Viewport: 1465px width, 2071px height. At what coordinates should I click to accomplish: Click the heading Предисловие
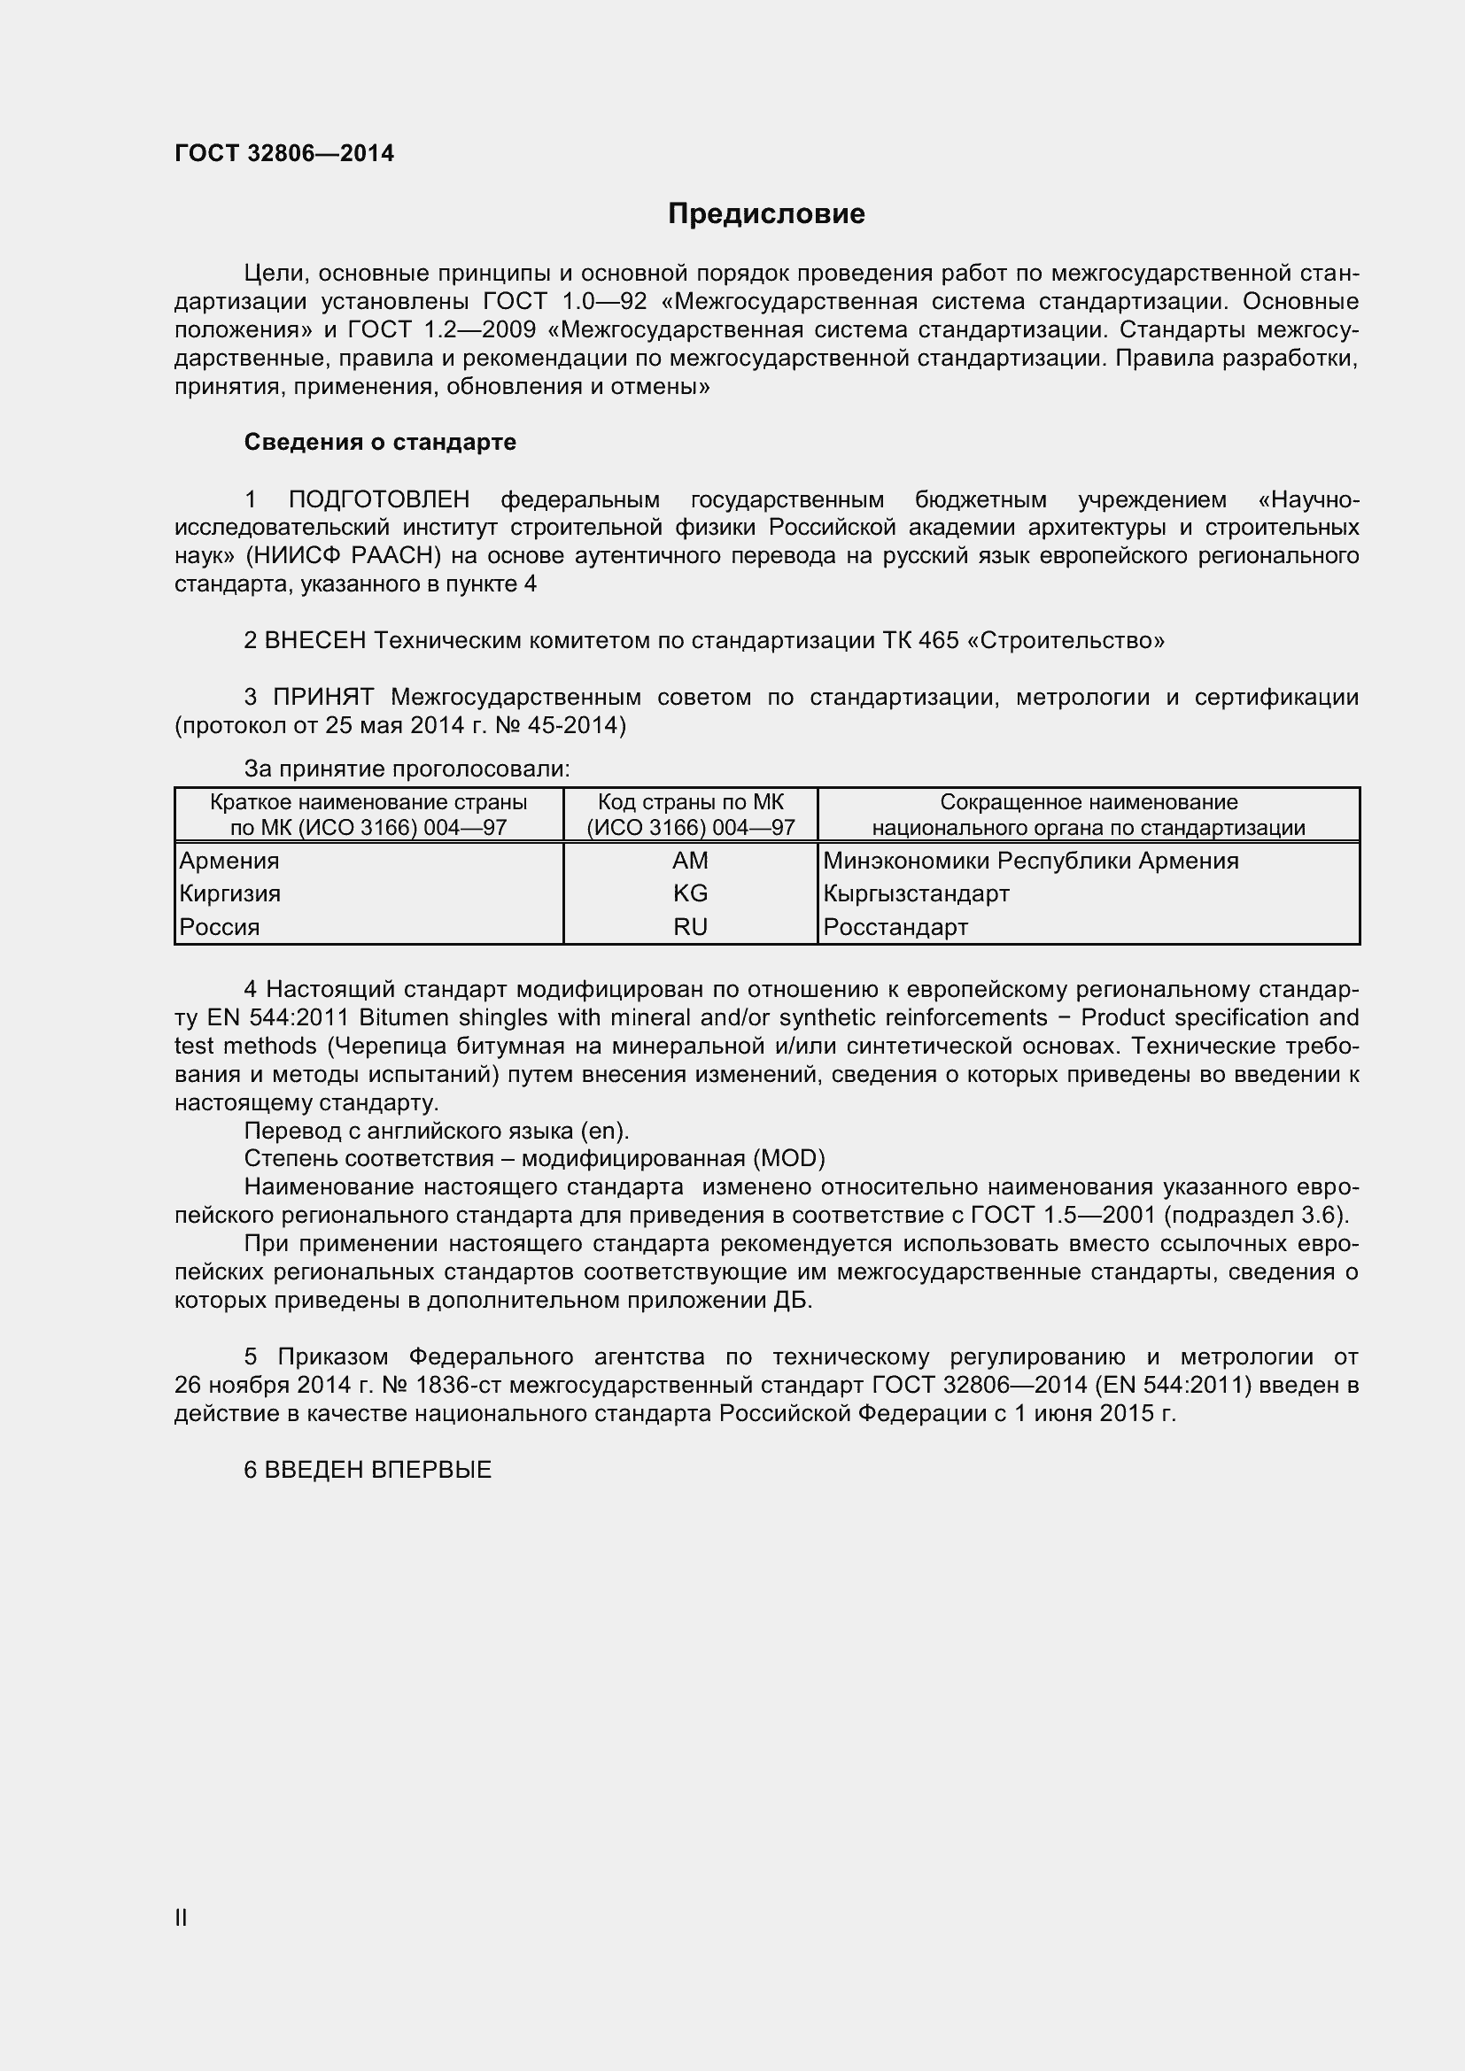[766, 213]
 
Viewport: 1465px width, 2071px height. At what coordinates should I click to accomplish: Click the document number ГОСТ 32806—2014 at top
[284, 153]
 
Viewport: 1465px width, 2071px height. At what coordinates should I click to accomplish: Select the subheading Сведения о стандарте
[380, 442]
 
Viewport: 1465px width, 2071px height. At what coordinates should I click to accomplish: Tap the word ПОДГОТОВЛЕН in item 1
[379, 499]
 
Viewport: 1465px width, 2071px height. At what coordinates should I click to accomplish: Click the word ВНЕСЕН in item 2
[315, 640]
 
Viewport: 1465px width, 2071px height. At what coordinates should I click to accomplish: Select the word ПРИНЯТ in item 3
[323, 697]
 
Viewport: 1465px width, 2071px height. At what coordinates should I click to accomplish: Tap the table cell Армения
[229, 861]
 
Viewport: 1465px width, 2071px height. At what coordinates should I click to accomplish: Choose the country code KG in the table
[690, 894]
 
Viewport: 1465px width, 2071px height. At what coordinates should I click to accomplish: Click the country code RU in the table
[690, 927]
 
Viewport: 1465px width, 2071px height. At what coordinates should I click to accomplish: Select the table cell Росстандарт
[895, 927]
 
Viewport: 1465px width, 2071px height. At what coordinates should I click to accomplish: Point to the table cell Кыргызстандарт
[916, 894]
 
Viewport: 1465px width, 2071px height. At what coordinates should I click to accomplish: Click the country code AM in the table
[690, 861]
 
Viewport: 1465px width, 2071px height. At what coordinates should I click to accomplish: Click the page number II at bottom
[182, 1918]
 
